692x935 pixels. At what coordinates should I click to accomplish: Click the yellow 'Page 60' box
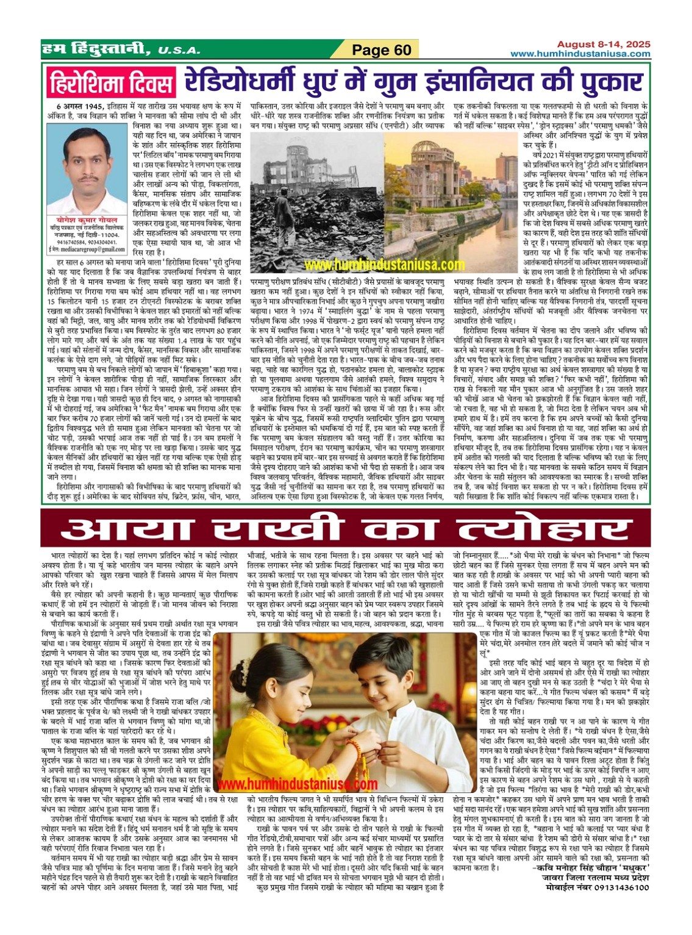(382, 50)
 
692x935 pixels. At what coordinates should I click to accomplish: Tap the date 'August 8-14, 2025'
(603, 45)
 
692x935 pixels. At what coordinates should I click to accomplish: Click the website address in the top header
(580, 54)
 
